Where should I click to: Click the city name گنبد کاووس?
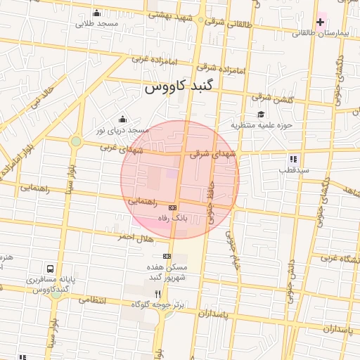click(x=182, y=89)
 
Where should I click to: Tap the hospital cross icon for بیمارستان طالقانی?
click(x=320, y=22)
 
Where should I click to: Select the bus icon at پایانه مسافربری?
click(x=50, y=269)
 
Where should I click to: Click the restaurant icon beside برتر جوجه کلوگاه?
click(x=157, y=294)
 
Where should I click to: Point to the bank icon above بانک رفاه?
click(x=172, y=207)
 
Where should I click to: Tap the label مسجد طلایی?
click(x=96, y=23)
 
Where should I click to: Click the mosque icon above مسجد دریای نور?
click(x=124, y=119)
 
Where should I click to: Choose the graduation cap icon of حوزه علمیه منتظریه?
click(x=261, y=115)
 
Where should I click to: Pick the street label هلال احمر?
click(x=116, y=238)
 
